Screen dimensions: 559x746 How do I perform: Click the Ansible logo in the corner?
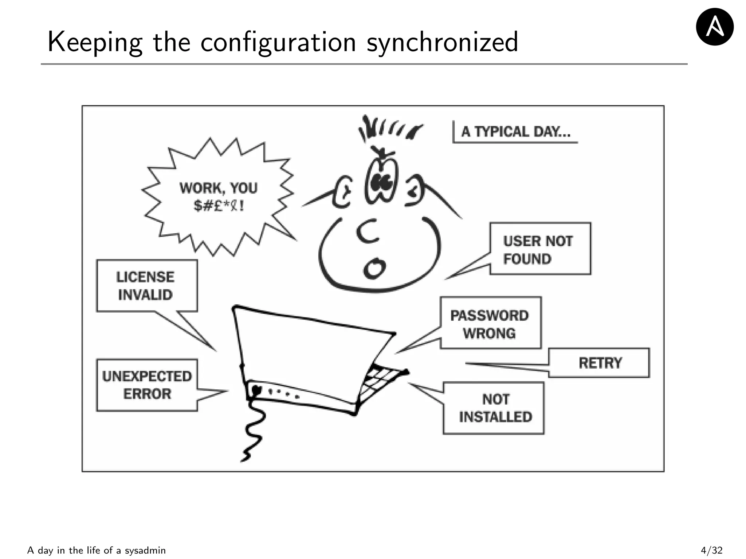point(714,27)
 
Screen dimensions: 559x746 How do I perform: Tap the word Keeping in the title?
point(95,42)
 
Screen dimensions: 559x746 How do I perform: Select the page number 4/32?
point(711,550)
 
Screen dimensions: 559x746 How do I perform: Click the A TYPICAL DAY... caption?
point(515,132)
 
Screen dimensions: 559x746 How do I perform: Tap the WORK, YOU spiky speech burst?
point(218,197)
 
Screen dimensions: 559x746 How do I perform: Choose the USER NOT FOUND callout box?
point(540,249)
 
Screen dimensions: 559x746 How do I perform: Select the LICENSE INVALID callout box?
point(146,286)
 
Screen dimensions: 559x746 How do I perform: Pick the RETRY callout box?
point(599,363)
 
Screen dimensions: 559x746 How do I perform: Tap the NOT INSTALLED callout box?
point(494,408)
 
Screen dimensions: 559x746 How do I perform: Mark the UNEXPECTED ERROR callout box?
point(147,385)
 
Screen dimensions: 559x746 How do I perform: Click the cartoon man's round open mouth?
point(374,269)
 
